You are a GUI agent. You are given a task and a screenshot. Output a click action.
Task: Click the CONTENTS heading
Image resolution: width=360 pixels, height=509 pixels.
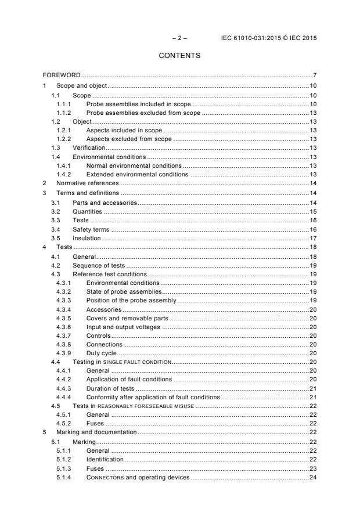(180, 56)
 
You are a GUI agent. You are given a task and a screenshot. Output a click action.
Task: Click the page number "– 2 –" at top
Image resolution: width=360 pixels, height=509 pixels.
(180, 38)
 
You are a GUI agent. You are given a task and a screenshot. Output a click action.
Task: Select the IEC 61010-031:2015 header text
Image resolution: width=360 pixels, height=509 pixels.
(269, 38)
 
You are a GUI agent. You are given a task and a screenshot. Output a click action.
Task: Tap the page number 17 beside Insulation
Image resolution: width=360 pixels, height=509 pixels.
(312, 237)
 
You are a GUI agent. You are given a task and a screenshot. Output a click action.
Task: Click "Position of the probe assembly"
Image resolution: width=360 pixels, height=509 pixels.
(131, 301)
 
